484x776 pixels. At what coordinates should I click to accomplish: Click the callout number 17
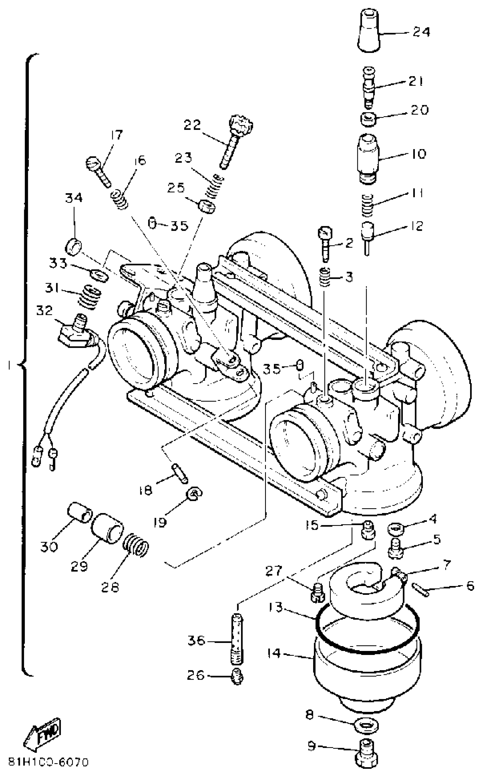[116, 135]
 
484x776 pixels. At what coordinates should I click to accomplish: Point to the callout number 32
[44, 310]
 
